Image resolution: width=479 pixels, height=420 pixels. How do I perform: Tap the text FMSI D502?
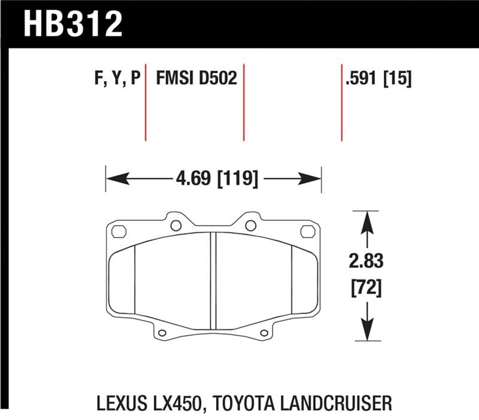(196, 78)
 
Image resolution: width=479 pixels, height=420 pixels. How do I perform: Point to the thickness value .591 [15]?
(378, 78)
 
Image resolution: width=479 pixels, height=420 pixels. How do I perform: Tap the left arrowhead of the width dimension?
(114, 178)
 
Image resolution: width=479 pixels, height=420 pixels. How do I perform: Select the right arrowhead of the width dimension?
(314, 178)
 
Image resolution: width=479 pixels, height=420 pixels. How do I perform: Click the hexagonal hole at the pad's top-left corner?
(118, 231)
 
